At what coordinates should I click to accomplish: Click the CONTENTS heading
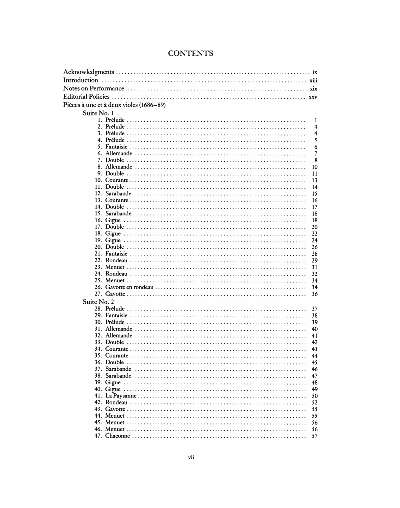[190, 53]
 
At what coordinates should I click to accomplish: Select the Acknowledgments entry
[89, 72]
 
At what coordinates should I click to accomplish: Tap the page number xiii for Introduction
[313, 80]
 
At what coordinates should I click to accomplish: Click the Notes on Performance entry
[94, 88]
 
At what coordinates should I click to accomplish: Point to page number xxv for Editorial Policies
[313, 97]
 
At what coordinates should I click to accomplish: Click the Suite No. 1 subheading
[98, 113]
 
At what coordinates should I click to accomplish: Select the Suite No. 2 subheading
[98, 302]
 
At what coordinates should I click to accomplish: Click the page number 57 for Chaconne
[314, 436]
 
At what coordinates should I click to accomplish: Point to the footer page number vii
[191, 457]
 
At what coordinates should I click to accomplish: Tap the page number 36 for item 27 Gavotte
[314, 294]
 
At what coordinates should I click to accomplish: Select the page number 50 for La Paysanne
[314, 396]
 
